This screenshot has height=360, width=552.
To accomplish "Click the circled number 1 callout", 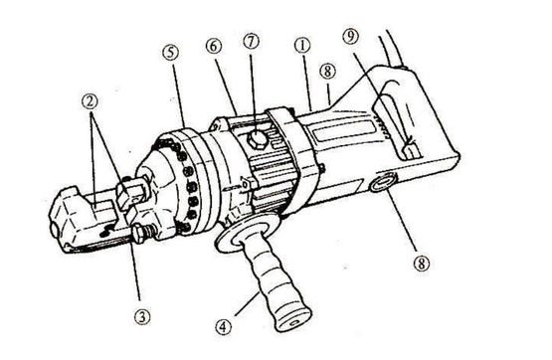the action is tap(302, 46).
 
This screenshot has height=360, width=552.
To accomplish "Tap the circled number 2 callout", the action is tap(90, 101).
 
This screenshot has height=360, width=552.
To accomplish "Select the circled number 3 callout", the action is tap(141, 316).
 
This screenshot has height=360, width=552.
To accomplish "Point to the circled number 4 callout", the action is tap(224, 326).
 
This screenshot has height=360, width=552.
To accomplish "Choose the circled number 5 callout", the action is tap(170, 53).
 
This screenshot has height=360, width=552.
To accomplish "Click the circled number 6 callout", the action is tap(214, 46).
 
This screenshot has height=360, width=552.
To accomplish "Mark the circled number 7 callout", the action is tap(251, 41).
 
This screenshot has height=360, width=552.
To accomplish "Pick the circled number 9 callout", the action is tap(350, 36).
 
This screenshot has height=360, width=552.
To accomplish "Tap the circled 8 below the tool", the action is tap(422, 263).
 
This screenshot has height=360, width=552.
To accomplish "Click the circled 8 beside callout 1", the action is tap(327, 72).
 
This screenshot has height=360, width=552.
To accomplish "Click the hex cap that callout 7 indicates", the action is tap(258, 139).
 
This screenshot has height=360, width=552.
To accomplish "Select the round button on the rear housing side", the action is tap(383, 182).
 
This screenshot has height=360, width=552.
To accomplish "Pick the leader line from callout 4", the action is tap(247, 303).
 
